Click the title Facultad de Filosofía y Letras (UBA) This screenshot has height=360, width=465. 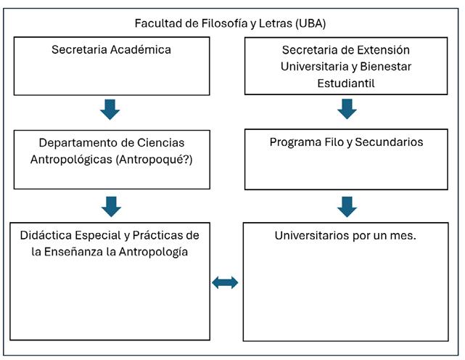tap(230, 23)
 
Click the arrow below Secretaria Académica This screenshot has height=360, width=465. tap(110, 110)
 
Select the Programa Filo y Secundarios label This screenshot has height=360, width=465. tap(346, 142)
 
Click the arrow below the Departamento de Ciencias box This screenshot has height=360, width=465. tap(110, 206)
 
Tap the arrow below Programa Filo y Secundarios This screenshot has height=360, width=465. tap(347, 206)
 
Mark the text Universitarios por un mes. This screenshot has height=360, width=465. tap(346, 236)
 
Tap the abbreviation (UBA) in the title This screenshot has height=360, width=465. tap(310, 23)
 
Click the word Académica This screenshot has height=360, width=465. tap(142, 50)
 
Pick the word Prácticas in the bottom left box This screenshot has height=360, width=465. tap(159, 235)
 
